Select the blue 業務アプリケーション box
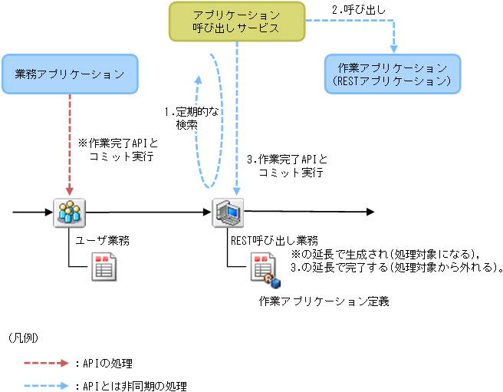click(70, 74)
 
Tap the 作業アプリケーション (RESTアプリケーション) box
click(392, 74)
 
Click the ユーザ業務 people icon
click(69, 211)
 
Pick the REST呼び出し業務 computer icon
click(228, 211)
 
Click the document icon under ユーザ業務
click(103, 266)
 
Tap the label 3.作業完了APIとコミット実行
click(287, 166)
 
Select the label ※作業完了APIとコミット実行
click(117, 149)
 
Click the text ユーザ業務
click(102, 240)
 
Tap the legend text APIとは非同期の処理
click(133, 386)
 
